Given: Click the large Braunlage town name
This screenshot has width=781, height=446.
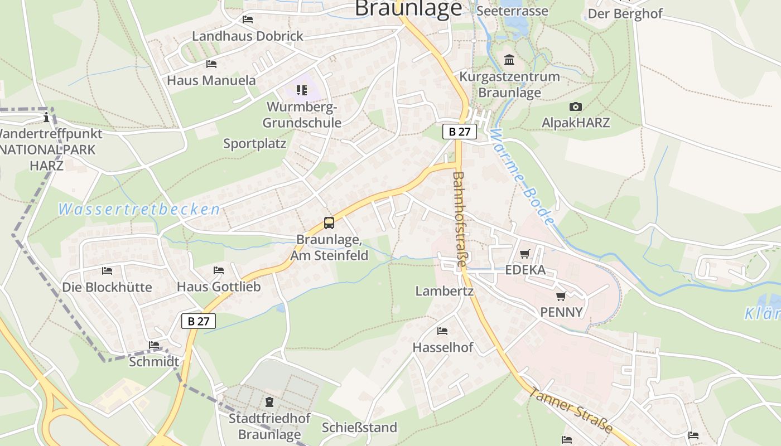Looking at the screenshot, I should point(409,8).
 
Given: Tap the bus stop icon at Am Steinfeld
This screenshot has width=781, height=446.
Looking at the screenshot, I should point(329,223).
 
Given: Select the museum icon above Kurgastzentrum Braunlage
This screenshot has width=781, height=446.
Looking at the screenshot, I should point(509,60).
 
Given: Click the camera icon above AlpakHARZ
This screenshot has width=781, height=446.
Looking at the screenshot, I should point(576,106).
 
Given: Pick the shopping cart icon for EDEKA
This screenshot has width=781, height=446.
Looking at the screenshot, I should point(524,254).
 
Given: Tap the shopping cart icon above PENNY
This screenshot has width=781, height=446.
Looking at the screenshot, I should point(561,296).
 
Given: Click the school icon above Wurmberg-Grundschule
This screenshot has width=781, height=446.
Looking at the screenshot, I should point(302,90).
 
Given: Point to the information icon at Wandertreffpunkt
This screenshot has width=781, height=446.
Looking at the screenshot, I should point(46,118).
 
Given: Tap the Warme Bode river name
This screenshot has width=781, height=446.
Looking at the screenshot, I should point(523,177).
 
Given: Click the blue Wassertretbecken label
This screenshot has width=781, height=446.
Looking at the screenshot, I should point(139,210).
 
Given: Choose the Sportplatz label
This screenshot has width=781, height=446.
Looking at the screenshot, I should point(254,143).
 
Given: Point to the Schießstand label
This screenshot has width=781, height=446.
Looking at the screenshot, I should point(359,428).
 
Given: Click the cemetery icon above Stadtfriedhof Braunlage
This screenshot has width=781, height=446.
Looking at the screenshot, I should point(269,401).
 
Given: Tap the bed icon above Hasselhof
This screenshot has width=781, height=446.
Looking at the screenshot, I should point(442,331).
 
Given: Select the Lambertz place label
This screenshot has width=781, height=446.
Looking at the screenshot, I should point(444,291).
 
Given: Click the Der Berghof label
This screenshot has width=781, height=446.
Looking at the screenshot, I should point(625,14).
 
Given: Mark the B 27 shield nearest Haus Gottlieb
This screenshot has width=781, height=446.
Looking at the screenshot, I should point(198,321).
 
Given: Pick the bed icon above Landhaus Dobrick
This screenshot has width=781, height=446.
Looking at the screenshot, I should point(248,20).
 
